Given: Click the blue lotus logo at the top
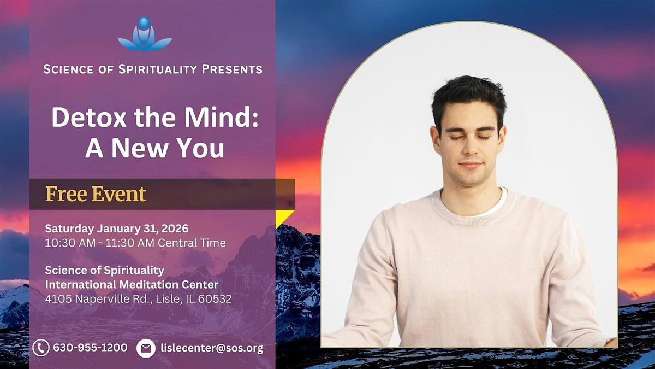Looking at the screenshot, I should [145, 34].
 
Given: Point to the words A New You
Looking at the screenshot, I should [154, 148].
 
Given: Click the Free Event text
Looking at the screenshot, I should [96, 194].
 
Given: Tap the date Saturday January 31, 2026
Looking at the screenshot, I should [117, 228].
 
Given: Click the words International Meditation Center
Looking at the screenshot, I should [132, 285].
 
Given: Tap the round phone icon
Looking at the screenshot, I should [41, 348].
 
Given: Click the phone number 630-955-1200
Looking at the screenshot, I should [90, 348].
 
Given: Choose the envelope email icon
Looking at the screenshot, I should [146, 348].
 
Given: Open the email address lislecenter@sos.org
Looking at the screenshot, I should [212, 348].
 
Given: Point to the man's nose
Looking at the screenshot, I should [470, 148].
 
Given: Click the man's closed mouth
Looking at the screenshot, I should [471, 165].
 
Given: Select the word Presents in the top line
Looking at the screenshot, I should [232, 69].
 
